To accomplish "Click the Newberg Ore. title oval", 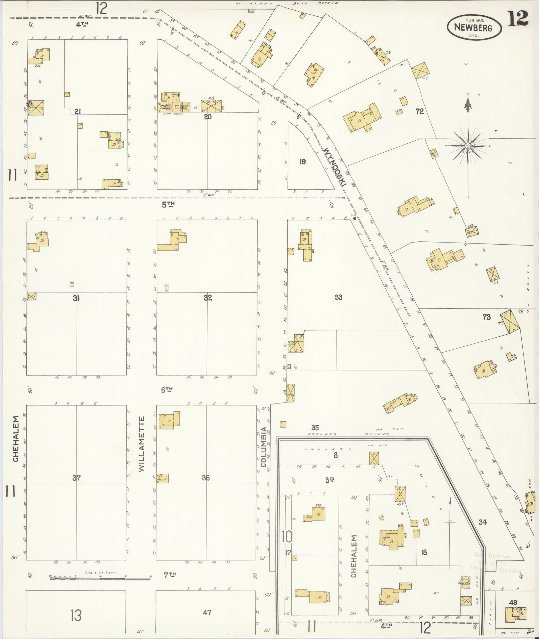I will (x=474, y=27).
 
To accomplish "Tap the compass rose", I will (x=468, y=146).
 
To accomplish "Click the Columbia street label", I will (x=264, y=449).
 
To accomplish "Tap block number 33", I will (x=338, y=297).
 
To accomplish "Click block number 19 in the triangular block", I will (x=302, y=162).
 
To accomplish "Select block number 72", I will (x=420, y=112).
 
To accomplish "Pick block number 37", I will (x=77, y=478).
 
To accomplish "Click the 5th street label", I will (x=168, y=205).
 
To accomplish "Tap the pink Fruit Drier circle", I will (x=169, y=107).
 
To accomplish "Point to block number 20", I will (x=208, y=117).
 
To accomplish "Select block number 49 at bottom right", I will (x=513, y=603).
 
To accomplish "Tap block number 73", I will (x=487, y=317).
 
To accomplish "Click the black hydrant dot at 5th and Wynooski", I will (x=355, y=219).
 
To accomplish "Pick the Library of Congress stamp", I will (x=496, y=563).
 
